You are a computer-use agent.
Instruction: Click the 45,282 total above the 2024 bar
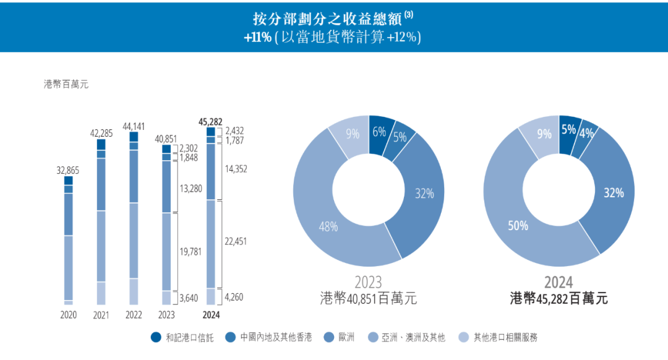(210, 121)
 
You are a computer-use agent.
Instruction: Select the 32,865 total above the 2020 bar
(68, 170)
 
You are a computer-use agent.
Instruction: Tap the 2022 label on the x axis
(134, 315)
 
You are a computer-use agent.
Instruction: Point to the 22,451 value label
(236, 241)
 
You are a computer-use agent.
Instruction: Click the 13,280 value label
(190, 188)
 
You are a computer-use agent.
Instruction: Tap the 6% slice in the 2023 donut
(379, 131)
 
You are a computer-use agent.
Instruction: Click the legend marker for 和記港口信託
(156, 337)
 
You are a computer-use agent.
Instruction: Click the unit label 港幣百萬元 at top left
(66, 84)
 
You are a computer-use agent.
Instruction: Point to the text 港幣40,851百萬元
(369, 299)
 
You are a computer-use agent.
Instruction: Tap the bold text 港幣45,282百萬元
(559, 299)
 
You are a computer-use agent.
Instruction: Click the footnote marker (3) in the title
(408, 14)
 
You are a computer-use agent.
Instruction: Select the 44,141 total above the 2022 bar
(134, 126)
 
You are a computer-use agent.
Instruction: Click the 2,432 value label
(235, 131)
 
